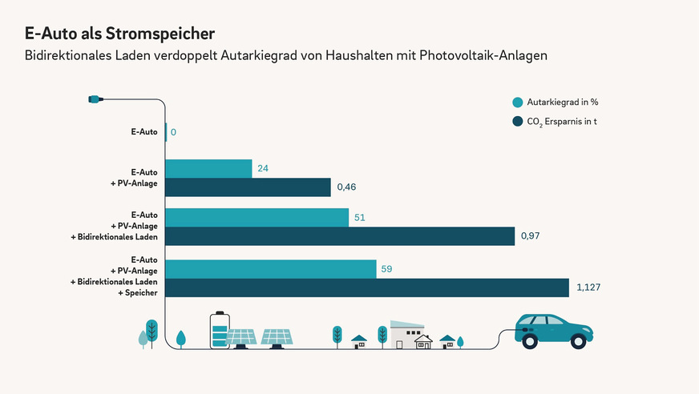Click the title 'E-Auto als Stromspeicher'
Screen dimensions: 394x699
(x=120, y=34)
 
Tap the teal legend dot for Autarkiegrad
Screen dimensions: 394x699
(x=518, y=103)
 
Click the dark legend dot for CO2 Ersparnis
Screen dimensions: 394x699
(x=518, y=122)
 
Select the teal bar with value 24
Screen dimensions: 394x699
(x=208, y=168)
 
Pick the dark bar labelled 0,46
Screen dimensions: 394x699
(x=248, y=187)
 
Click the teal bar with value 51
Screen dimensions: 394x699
(x=257, y=218)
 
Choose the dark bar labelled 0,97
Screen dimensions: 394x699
(x=341, y=236)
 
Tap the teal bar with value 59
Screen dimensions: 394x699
(x=271, y=269)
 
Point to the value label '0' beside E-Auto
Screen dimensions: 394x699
(x=173, y=131)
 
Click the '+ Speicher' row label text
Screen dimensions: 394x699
(x=135, y=293)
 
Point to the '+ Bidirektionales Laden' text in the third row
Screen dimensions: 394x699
(x=114, y=239)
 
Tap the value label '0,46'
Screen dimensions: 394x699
(x=346, y=187)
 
